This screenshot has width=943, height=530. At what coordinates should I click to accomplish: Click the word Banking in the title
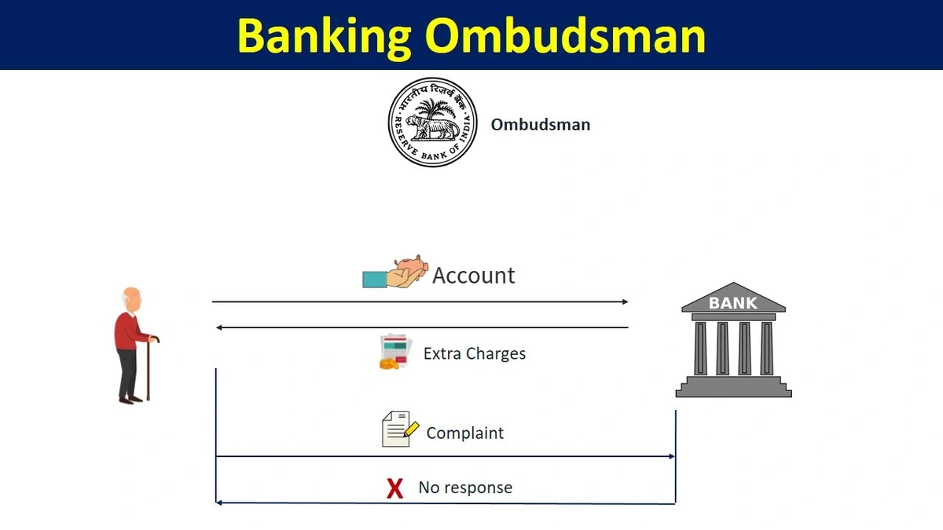(x=325, y=36)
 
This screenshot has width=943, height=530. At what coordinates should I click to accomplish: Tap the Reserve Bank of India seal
(x=433, y=122)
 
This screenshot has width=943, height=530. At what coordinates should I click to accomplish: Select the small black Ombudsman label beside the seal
(x=540, y=124)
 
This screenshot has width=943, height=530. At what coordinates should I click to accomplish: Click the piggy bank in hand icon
(x=394, y=272)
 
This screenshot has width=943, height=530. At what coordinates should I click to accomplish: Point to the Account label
(x=474, y=276)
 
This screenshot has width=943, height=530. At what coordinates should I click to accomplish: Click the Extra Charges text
(x=475, y=353)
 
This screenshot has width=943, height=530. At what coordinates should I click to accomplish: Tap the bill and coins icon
(x=395, y=352)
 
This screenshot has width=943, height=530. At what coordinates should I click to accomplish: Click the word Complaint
(x=465, y=433)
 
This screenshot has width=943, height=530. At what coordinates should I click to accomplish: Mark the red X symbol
(x=394, y=488)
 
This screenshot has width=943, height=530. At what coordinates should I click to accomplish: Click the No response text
(x=465, y=488)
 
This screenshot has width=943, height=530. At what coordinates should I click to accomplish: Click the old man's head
(x=133, y=301)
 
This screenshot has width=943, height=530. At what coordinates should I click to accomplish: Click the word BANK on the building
(x=733, y=302)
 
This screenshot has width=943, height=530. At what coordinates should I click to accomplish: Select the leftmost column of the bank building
(x=699, y=347)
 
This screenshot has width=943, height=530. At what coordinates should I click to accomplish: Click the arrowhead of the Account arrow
(x=625, y=302)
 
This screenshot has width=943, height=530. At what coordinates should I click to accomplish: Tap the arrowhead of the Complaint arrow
(x=671, y=456)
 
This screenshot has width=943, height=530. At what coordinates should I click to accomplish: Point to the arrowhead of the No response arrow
(x=220, y=503)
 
